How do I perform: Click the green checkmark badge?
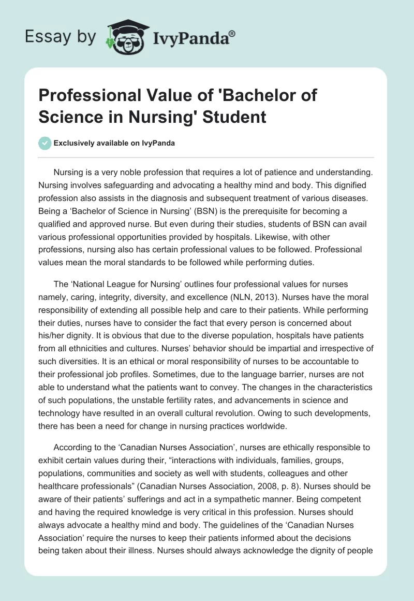click(45, 143)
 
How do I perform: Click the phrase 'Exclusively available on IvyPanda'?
click(114, 143)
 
